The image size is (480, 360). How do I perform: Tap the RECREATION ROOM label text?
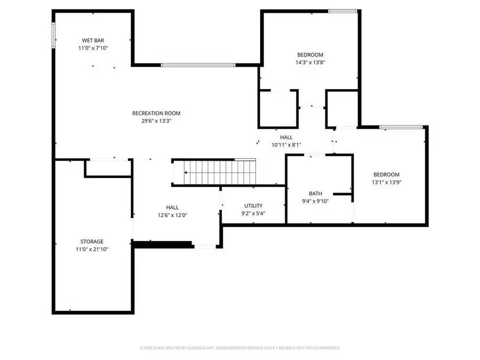coord(156,113)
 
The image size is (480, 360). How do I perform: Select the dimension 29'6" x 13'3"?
coord(156,121)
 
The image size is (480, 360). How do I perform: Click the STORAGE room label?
coord(92,242)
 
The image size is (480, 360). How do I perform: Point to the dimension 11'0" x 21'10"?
coord(92,249)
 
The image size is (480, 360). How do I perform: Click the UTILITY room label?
coord(253,206)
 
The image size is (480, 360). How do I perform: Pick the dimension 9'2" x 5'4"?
coord(253,213)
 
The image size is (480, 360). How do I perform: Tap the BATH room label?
coord(315,194)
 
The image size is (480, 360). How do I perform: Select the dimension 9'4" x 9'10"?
coord(315,201)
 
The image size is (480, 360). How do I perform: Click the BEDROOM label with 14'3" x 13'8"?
coord(310,54)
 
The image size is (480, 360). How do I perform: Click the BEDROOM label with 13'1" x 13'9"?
coord(386,174)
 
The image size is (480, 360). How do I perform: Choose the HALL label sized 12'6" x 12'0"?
coord(172,207)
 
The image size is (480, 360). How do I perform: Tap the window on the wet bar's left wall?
coord(53,36)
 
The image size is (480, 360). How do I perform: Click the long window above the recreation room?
coord(198,65)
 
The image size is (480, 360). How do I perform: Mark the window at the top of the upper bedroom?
coord(342,11)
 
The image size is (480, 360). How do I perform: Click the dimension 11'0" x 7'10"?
coord(93,47)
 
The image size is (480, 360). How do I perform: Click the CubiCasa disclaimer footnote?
coord(240,348)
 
